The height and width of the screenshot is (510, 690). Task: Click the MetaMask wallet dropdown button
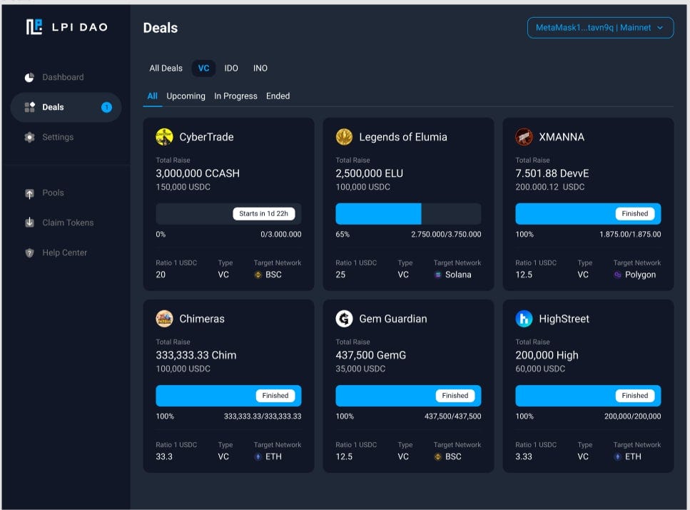(600, 28)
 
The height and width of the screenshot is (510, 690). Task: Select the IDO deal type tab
(231, 68)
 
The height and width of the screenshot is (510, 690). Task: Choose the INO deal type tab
(260, 68)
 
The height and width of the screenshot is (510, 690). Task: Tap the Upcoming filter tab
(186, 96)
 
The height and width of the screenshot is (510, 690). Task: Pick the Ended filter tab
(278, 96)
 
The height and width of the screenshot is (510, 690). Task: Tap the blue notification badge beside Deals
(106, 108)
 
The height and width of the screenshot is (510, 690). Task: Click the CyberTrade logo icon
(164, 137)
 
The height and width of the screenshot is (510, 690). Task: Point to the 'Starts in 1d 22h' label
(263, 213)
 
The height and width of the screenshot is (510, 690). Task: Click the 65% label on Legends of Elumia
(343, 234)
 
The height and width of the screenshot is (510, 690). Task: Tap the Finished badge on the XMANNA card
(634, 213)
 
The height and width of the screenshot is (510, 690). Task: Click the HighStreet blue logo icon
(524, 319)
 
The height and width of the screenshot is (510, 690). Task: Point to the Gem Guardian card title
(393, 319)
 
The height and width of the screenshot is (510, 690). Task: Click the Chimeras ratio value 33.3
(164, 457)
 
